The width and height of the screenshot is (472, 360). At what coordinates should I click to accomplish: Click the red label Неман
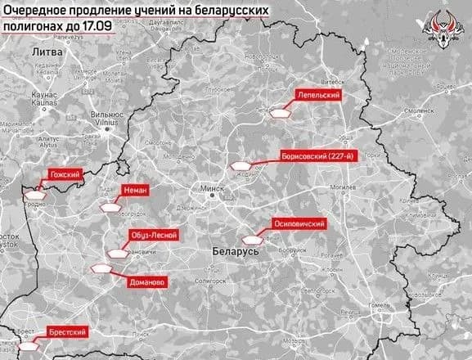click(133, 190)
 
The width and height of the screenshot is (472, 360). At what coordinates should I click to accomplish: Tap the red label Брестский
click(65, 334)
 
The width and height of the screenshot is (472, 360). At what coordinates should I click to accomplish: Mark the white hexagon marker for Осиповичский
click(263, 232)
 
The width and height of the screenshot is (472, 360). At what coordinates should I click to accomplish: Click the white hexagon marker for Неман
click(108, 207)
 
